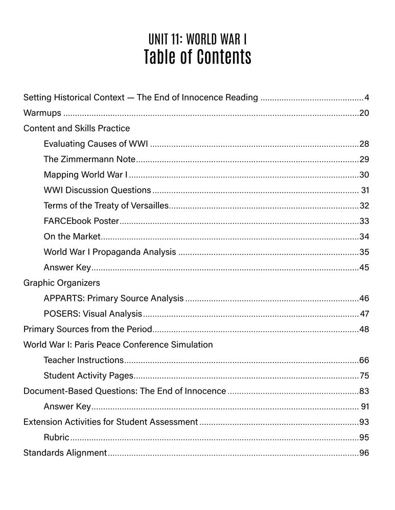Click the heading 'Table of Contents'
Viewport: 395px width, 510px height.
click(x=197, y=57)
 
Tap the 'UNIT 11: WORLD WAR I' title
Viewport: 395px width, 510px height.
click(x=197, y=39)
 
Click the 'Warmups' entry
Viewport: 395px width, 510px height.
click(x=42, y=113)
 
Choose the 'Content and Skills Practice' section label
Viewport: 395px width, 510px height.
click(x=77, y=128)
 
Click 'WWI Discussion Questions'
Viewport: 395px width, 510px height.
click(x=97, y=190)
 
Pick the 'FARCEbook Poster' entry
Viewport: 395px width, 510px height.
click(x=81, y=221)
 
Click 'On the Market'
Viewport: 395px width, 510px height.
click(x=72, y=237)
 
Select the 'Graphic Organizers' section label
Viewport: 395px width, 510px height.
click(x=62, y=283)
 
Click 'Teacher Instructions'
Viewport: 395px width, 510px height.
click(x=83, y=360)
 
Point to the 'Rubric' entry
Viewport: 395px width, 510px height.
click(x=56, y=437)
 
